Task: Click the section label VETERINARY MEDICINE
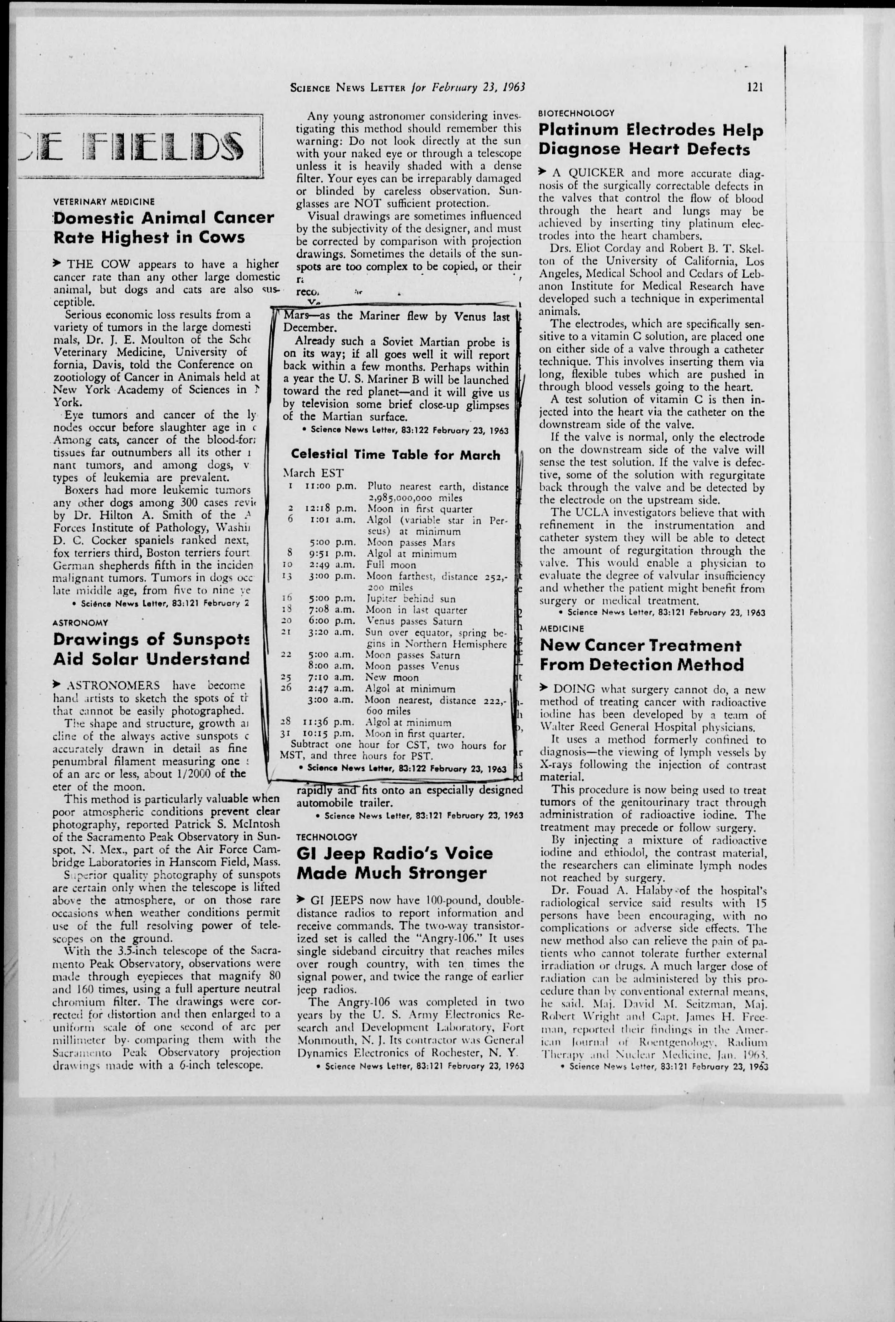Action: tap(104, 202)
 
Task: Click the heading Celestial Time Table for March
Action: tap(395, 455)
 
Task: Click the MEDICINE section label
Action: tap(562, 629)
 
